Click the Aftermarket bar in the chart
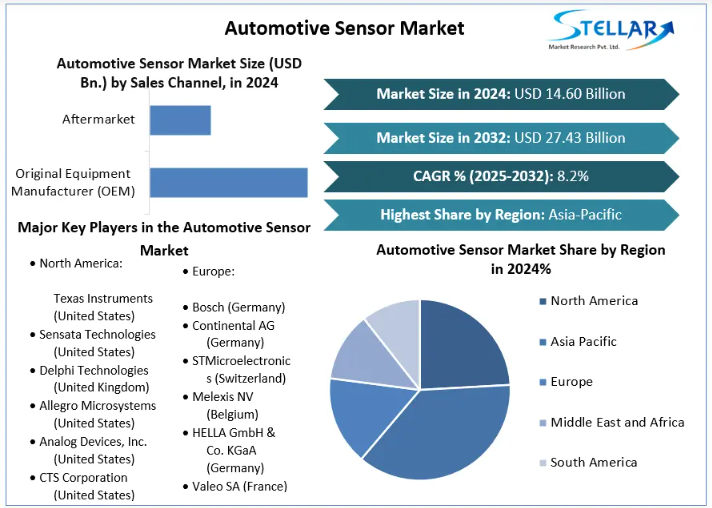(180, 120)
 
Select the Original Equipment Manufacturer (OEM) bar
(228, 182)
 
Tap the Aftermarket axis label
(98, 120)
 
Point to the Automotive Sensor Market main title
(344, 27)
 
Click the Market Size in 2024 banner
(500, 94)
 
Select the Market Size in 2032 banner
(500, 138)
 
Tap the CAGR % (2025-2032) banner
(500, 176)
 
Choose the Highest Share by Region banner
(500, 214)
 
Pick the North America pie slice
(465, 345)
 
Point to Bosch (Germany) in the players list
(238, 307)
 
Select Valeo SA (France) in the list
(239, 486)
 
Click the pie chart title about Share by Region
(520, 259)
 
